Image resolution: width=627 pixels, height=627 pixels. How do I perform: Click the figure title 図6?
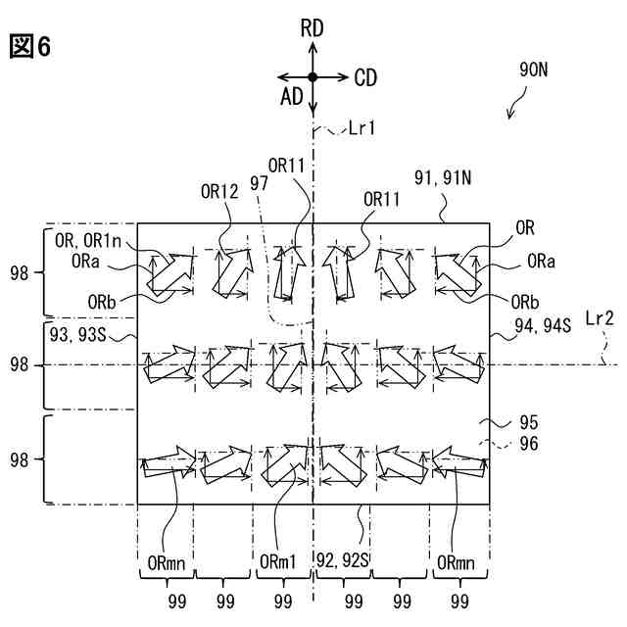point(30,45)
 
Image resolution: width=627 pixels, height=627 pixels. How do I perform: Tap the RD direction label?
point(312,29)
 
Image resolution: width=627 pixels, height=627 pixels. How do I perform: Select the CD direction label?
point(365,76)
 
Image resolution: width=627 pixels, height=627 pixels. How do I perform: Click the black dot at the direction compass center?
point(313,76)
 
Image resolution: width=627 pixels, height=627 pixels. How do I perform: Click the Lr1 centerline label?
point(361,127)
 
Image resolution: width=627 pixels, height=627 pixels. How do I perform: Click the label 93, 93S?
point(76,334)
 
